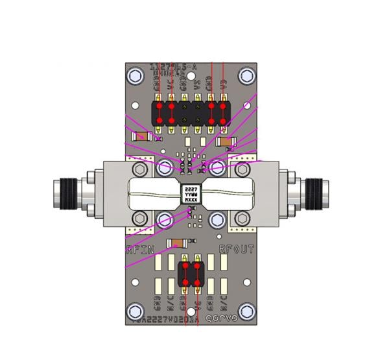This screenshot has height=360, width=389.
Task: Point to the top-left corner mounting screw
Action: tap(135, 75)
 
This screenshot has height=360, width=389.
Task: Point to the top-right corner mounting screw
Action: tap(246, 75)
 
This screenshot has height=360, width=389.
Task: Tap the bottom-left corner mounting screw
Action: tap(135, 310)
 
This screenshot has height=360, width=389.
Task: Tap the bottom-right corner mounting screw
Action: tap(246, 310)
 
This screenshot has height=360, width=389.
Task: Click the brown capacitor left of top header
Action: tap(141, 137)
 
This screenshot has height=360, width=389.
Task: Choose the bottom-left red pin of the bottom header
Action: tap(185, 283)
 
